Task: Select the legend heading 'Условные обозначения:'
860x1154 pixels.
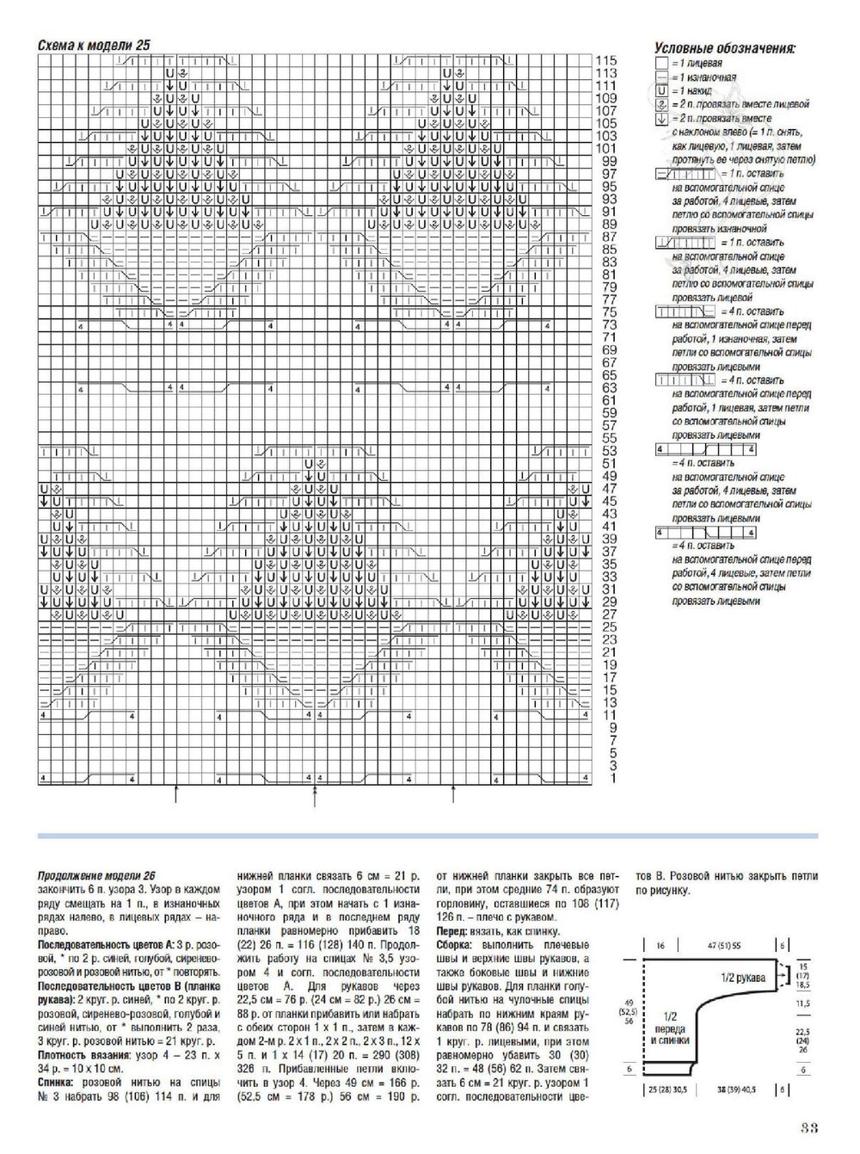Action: point(723,49)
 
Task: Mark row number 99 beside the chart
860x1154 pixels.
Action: point(609,161)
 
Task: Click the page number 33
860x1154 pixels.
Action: point(808,1129)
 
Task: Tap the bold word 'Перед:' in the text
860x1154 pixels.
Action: point(452,931)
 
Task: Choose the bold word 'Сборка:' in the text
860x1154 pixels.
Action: point(454,944)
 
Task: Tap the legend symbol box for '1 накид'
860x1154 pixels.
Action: point(661,89)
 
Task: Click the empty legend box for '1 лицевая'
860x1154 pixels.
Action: point(661,64)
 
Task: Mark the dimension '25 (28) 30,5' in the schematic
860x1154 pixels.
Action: point(665,1089)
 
